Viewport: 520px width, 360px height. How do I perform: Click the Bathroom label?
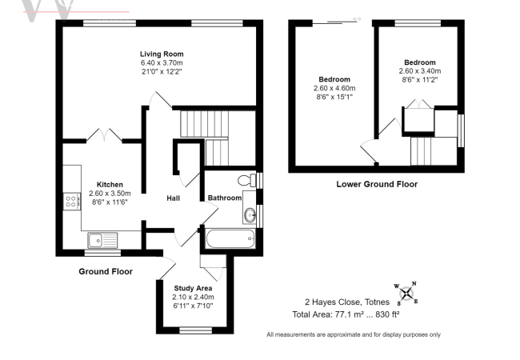[225, 198]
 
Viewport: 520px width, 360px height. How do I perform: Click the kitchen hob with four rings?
[70, 202]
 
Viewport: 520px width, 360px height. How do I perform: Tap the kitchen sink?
[104, 237]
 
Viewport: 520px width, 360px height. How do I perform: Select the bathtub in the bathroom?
[230, 238]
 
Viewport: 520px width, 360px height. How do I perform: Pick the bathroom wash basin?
[250, 214]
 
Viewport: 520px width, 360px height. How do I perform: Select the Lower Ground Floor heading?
[376, 184]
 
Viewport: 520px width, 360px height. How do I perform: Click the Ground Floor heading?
[105, 272]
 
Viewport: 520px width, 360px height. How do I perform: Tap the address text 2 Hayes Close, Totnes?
[346, 302]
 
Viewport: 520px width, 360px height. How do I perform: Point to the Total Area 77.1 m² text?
[346, 314]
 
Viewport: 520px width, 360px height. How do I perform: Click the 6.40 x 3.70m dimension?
[162, 62]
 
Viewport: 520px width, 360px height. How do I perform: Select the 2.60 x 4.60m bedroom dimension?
[334, 88]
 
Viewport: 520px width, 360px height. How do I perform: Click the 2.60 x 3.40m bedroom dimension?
[419, 71]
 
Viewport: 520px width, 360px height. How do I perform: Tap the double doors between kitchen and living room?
[105, 133]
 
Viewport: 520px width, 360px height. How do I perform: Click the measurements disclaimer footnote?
[353, 334]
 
